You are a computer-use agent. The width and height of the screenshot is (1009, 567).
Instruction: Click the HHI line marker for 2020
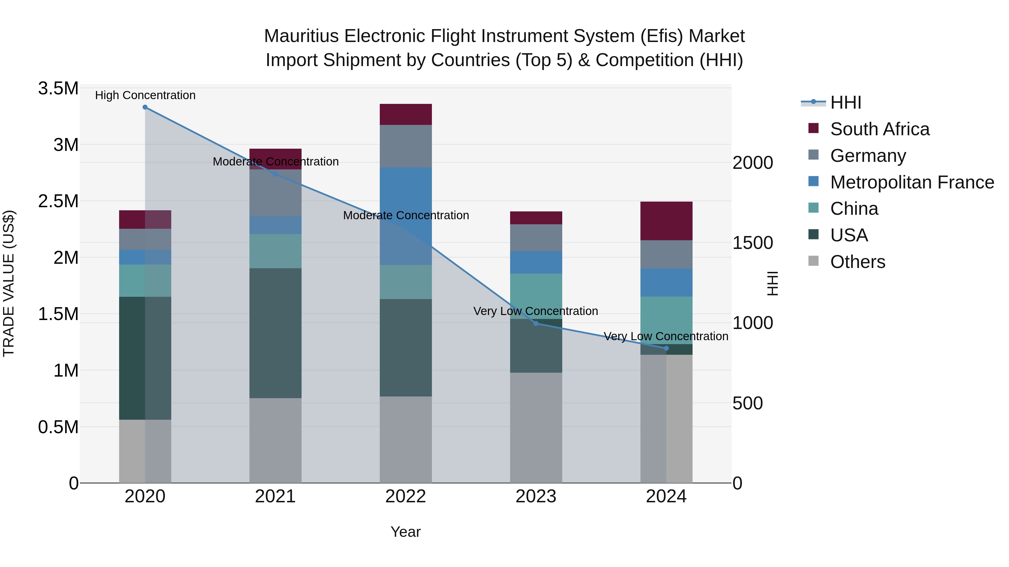[x=145, y=107]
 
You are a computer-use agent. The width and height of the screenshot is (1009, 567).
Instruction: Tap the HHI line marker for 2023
[x=536, y=323]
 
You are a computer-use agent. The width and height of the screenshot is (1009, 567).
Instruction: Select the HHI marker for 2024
[x=666, y=348]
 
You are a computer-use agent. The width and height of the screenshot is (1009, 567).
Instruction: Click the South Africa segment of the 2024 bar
[x=666, y=221]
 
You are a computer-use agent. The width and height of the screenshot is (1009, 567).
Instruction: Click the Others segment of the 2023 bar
[x=536, y=427]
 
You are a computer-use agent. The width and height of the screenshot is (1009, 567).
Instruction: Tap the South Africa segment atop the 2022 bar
[x=406, y=114]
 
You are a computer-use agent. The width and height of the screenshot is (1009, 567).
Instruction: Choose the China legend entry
[x=854, y=209]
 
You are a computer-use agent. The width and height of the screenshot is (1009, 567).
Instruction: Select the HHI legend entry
[x=845, y=102]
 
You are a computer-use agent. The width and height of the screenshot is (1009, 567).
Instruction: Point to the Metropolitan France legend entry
[x=912, y=182]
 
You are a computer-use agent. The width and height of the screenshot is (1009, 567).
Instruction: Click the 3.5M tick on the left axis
[x=58, y=88]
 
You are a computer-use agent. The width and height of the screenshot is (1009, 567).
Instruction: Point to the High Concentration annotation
[x=145, y=95]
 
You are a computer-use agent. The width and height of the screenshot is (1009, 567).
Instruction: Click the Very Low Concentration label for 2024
[x=666, y=336]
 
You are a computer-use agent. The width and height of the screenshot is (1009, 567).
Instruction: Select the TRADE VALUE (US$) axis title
[x=9, y=283]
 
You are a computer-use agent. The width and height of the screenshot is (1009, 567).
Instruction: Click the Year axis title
[x=405, y=532]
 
